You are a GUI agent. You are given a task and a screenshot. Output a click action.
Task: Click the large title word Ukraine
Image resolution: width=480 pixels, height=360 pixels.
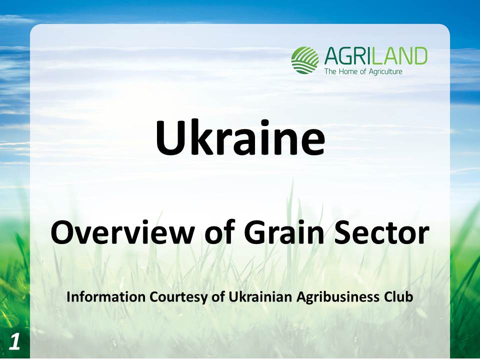240,138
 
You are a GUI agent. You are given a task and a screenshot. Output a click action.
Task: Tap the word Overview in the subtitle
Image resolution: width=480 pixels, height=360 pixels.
122,233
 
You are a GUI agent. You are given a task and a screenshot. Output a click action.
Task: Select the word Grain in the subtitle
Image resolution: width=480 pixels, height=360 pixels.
284,232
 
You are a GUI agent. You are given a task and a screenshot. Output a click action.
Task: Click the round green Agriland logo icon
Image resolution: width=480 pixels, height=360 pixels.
304,60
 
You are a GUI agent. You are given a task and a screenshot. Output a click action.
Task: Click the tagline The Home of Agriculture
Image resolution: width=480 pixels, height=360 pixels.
363,71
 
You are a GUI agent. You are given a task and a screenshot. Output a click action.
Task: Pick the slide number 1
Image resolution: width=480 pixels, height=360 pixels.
14,341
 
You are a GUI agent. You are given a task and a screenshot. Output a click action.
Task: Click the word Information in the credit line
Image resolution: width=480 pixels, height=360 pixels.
106,296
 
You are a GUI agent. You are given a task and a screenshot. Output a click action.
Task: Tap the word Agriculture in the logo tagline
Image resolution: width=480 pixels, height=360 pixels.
385,72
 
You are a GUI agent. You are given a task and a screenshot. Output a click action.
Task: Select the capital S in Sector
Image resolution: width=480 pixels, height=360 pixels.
343,232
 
